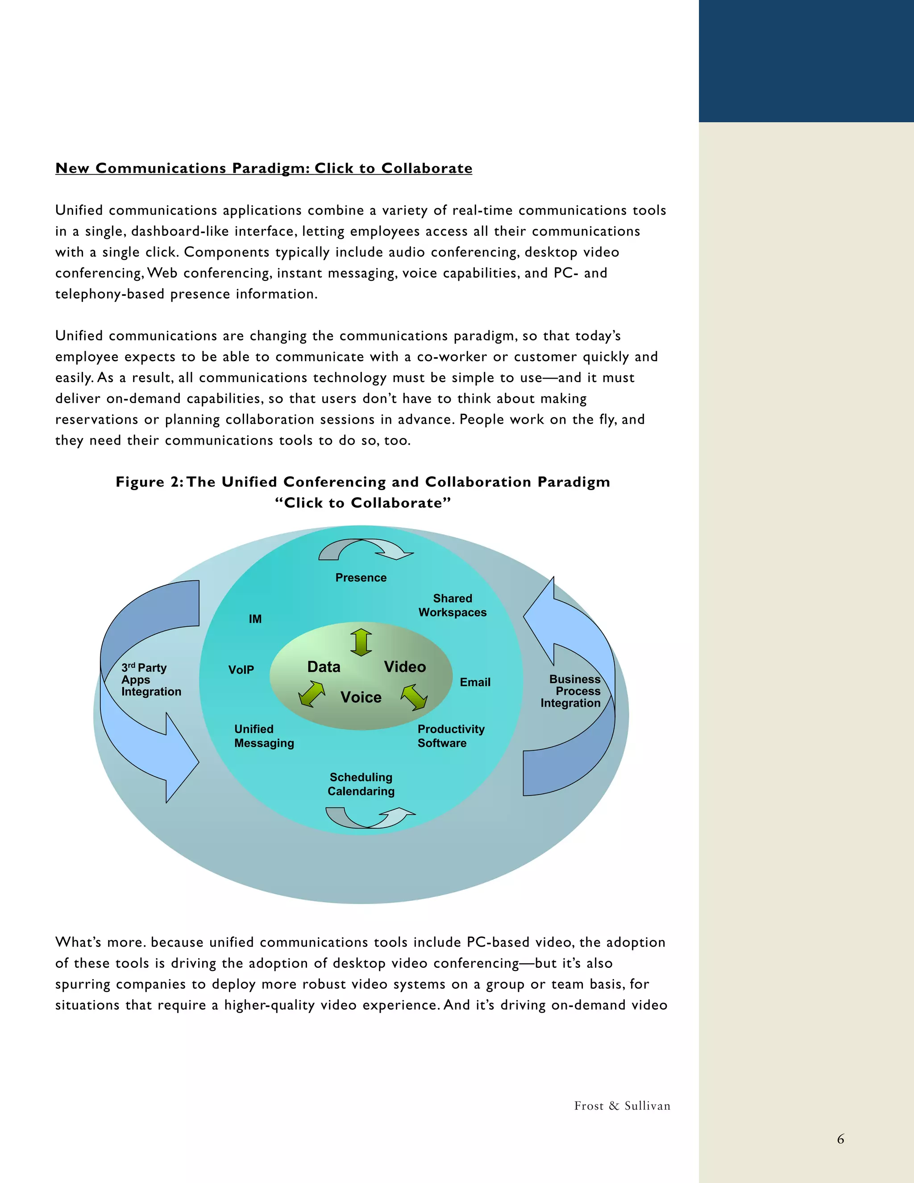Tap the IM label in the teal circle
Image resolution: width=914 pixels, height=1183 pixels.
coord(255,619)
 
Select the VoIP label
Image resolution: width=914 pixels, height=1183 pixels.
coord(241,670)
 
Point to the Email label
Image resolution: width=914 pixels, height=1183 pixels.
coord(475,682)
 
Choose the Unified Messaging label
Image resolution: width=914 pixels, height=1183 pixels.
coord(264,736)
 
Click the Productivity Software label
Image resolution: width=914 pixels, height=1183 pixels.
coord(450,736)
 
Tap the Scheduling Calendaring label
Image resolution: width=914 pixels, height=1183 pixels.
coord(361,784)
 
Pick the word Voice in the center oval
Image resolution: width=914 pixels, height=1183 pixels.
coord(361,697)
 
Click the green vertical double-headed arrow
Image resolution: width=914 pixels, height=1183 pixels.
coord(361,642)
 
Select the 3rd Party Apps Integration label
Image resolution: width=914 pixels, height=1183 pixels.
coord(150,679)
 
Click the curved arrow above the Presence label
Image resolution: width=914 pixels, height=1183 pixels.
coord(366,549)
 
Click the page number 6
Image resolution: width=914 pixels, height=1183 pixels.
coord(840,1139)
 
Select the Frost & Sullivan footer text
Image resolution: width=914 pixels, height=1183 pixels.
coord(622,1105)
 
